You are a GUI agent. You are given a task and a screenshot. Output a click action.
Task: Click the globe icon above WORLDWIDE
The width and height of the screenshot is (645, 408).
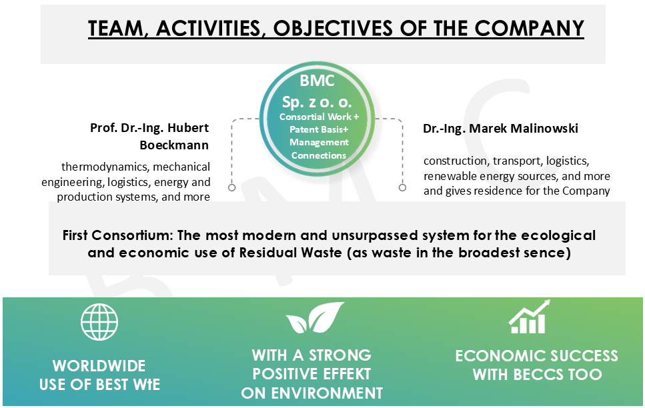tap(99, 322)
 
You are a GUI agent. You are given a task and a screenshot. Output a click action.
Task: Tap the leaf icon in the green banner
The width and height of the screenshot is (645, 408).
tap(315, 317)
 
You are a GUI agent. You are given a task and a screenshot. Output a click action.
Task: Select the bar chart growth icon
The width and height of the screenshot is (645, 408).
tap(529, 317)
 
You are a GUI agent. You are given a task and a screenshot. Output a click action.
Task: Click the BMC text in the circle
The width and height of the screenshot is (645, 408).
tap(317, 81)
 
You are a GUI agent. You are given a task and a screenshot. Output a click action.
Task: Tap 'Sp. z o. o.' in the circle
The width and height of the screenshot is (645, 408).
tap(317, 101)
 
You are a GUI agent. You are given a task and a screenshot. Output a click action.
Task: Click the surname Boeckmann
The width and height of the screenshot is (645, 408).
tap(174, 145)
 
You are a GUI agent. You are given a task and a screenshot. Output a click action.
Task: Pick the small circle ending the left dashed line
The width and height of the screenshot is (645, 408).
tap(232, 187)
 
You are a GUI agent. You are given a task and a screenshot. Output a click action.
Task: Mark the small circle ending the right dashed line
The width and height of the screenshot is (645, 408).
tap(402, 187)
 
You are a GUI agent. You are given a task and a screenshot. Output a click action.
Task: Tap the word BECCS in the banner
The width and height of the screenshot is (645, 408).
tap(538, 375)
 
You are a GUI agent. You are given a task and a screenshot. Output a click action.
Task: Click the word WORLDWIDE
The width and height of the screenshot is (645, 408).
tap(99, 365)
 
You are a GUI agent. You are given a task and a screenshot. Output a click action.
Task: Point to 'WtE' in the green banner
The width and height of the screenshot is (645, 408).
tap(147, 385)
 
